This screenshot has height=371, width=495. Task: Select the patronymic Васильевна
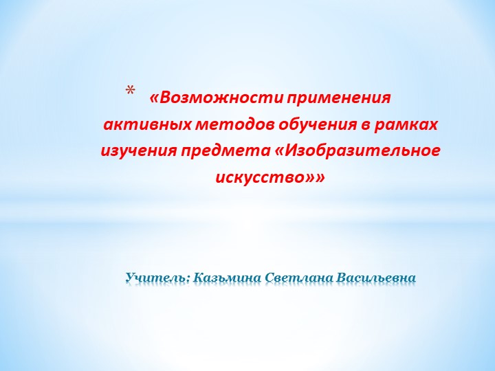pyautogui.click(x=377, y=278)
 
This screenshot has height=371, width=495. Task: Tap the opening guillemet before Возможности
pyautogui.click(x=153, y=98)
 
